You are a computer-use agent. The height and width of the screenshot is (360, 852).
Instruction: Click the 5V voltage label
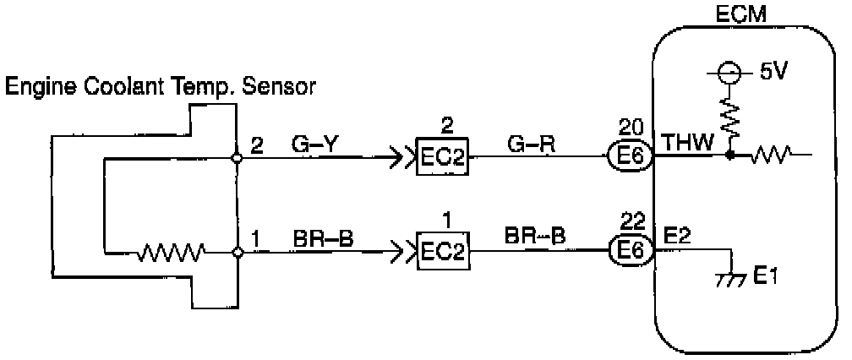pos(773,72)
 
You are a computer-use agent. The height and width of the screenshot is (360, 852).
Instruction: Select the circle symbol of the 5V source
pos(724,74)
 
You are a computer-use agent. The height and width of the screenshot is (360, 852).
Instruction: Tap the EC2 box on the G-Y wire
pos(441,157)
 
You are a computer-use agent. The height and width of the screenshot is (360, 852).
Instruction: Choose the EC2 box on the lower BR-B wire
pos(441,251)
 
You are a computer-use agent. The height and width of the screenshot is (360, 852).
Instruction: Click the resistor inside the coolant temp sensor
pos(172,251)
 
